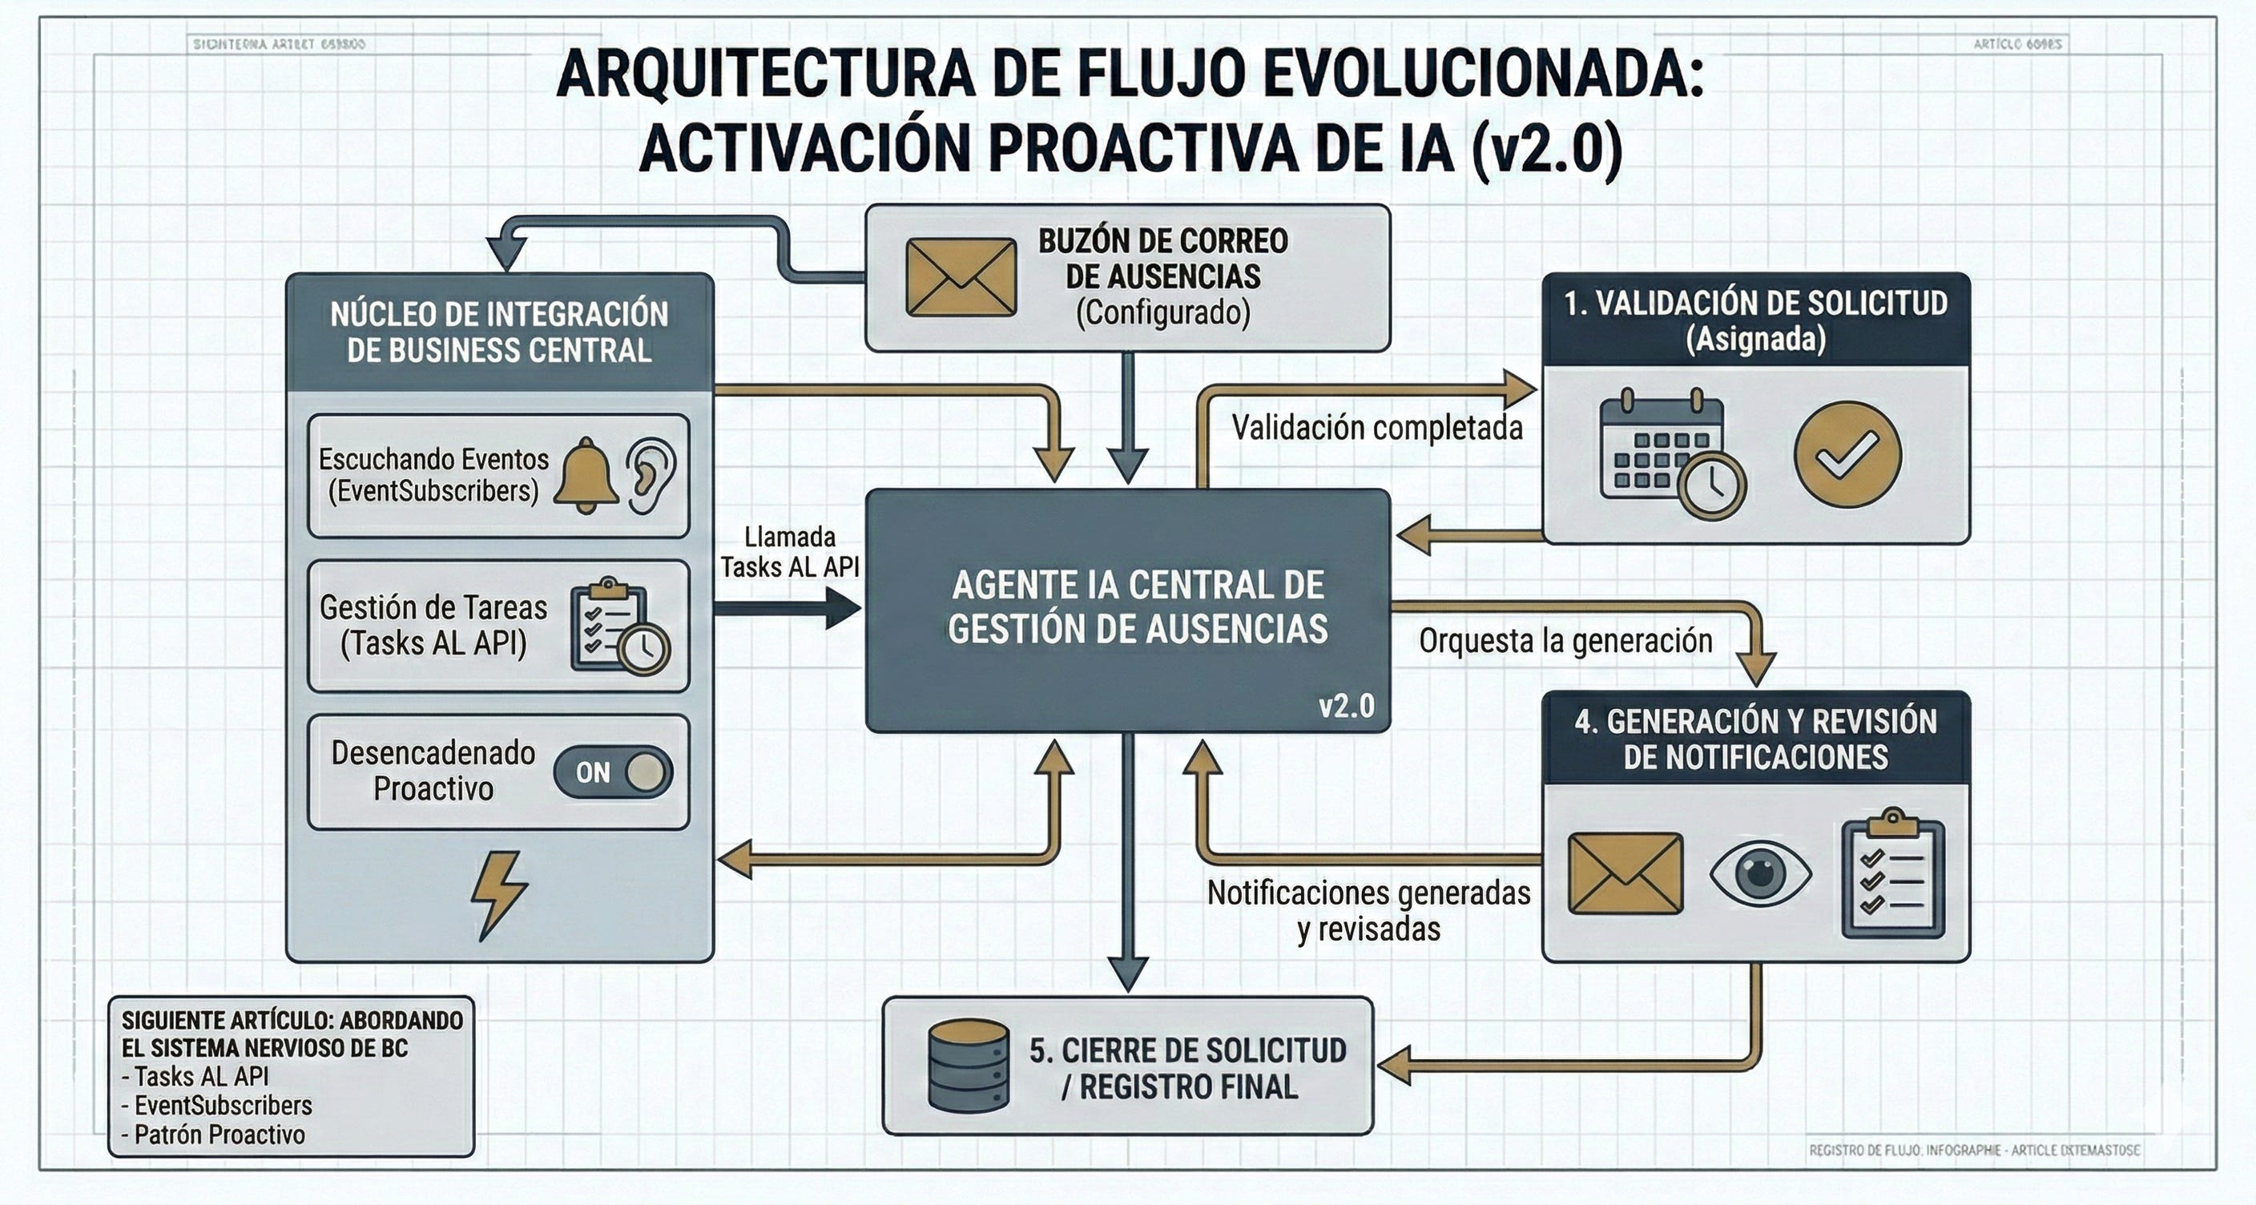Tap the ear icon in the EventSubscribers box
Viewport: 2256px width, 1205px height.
[650, 476]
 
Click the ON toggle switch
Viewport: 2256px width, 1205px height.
[613, 772]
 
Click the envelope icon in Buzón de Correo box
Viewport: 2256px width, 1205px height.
[961, 277]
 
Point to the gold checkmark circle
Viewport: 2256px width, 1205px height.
[1847, 454]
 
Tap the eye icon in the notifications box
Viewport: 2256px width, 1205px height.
[1760, 873]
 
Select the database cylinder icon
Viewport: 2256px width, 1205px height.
[968, 1065]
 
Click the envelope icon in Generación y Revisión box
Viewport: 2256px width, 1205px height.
[1625, 873]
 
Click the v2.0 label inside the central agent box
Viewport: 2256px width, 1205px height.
[1346, 706]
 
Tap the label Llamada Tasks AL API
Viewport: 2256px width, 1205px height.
[790, 552]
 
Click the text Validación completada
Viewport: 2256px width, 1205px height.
[1376, 427]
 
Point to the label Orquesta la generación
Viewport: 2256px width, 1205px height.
[1565, 641]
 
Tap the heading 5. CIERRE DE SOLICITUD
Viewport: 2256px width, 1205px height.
[1187, 1051]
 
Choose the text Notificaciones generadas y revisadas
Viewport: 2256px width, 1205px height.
[1368, 911]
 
